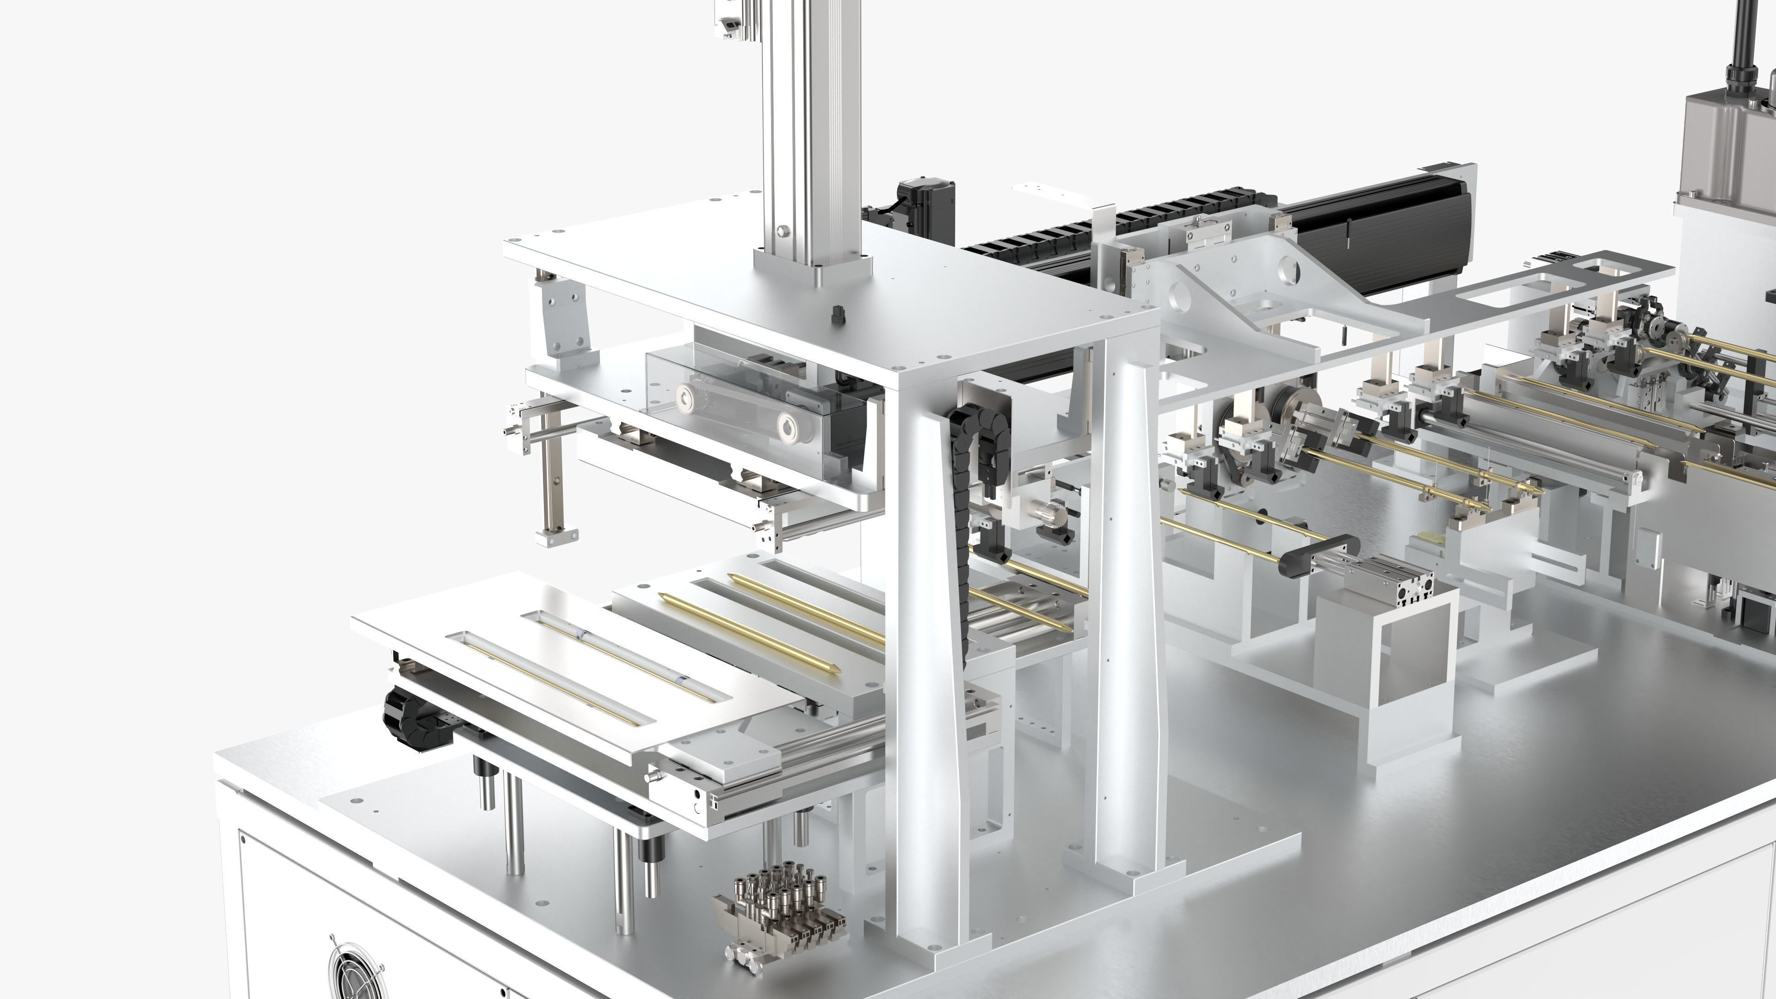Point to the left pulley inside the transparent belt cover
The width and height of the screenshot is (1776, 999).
691,399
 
